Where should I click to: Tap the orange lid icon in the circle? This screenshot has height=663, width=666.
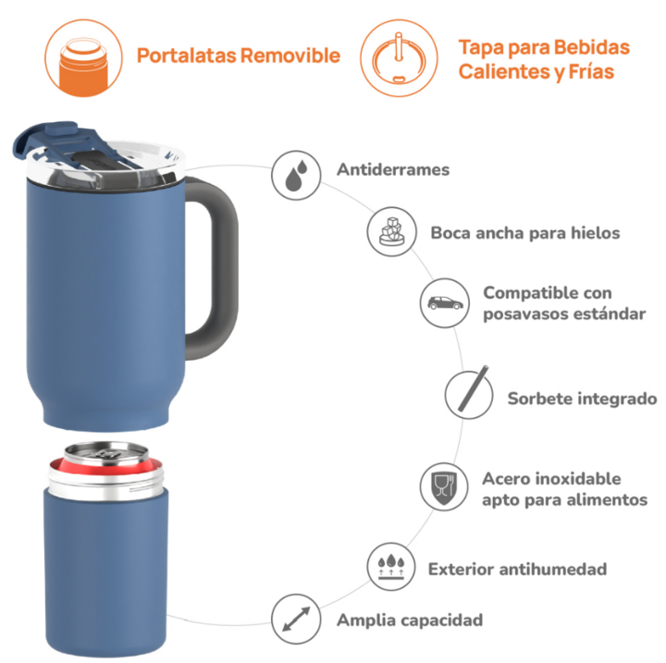[399, 58]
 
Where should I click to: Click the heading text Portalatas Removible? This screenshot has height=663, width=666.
[239, 55]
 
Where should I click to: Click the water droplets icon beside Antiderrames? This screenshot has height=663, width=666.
[296, 175]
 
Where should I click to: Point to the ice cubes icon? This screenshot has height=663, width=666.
[391, 231]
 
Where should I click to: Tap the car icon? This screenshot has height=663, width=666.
[445, 303]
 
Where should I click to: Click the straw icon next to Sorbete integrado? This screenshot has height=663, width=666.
[474, 388]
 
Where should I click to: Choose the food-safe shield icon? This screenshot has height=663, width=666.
[444, 487]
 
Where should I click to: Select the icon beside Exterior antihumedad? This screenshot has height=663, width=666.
[390, 567]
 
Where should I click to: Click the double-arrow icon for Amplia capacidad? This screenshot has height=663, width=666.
[296, 619]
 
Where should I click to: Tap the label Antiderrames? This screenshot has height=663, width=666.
[393, 170]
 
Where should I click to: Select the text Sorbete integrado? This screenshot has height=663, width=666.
[582, 399]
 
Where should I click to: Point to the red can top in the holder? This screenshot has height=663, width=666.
[105, 462]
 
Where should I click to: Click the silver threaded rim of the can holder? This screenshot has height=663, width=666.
[105, 485]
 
